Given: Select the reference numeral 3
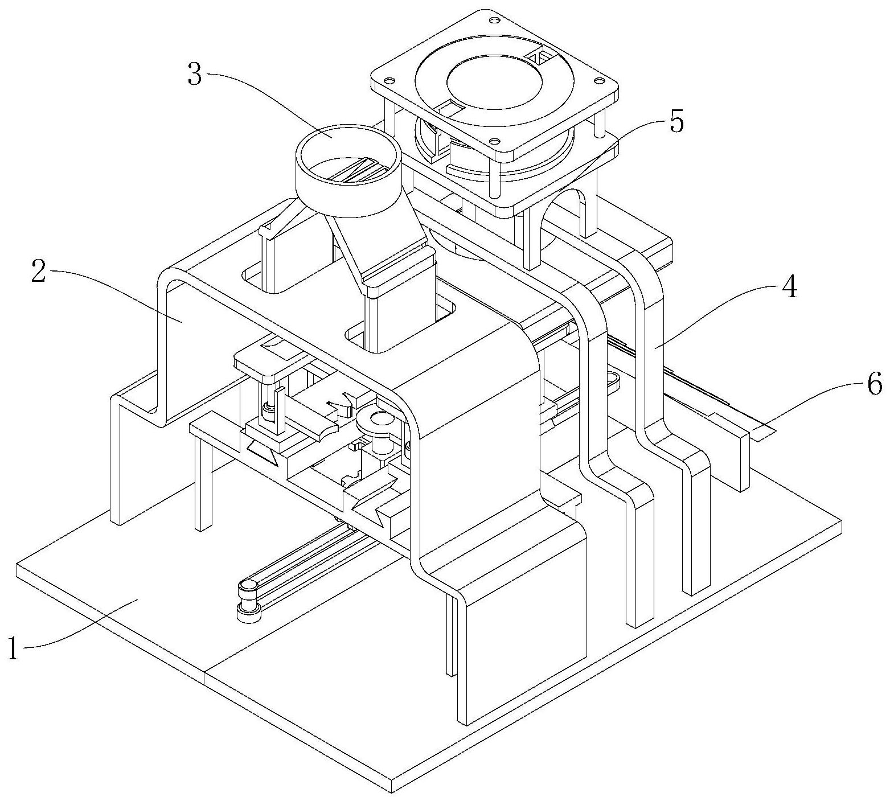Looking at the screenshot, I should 195,75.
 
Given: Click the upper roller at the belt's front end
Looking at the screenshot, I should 249,586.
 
